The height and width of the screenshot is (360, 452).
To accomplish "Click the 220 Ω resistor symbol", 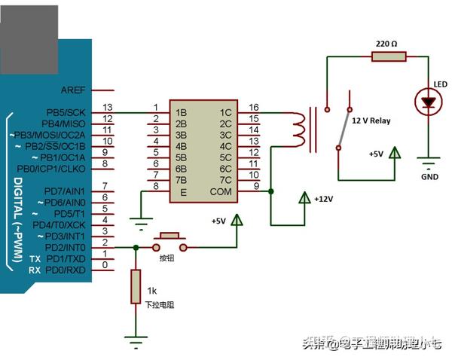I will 389,56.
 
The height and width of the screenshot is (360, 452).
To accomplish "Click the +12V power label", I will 322,199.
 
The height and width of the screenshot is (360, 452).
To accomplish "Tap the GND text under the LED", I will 430,178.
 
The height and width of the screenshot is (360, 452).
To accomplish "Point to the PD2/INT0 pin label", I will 67,247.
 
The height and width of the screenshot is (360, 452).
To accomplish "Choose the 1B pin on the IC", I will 181,112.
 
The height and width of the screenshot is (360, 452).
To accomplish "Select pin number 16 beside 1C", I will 253,107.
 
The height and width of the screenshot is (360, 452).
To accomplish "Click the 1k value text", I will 151,291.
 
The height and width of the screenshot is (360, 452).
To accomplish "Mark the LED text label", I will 441,83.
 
